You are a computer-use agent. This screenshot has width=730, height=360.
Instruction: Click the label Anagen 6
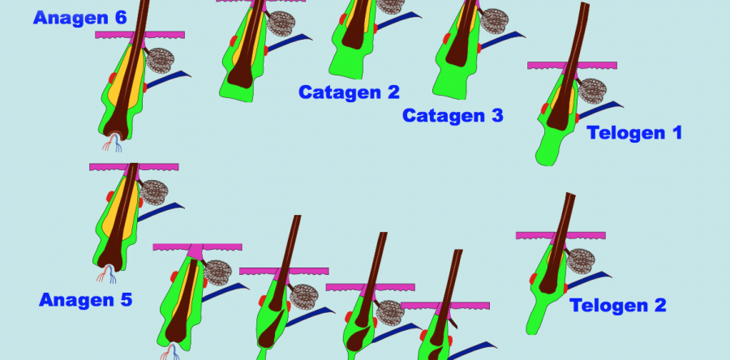pyautogui.click(x=80, y=18)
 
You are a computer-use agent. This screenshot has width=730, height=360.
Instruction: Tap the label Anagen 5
pyautogui.click(x=86, y=299)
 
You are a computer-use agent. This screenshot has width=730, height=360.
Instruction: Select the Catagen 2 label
pyautogui.click(x=349, y=92)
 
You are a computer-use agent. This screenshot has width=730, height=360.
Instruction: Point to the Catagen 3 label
pyautogui.click(x=453, y=115)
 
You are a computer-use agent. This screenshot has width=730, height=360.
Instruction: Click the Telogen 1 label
pyautogui.click(x=634, y=133)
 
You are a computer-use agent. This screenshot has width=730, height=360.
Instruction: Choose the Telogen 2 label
pyautogui.click(x=618, y=306)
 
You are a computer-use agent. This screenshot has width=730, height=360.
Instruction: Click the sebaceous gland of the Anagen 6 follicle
pyautogui.click(x=160, y=61)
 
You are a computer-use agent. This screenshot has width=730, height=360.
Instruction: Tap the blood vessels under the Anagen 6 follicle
pyautogui.click(x=112, y=143)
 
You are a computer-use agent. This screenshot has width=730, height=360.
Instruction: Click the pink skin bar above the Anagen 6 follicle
pyautogui.click(x=140, y=35)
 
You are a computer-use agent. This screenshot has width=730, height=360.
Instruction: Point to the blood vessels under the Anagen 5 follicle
pyautogui.click(x=106, y=274)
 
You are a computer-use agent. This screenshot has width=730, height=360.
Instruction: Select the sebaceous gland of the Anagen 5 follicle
pyautogui.click(x=153, y=192)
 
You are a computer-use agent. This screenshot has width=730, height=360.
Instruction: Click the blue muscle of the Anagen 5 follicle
pyautogui.click(x=161, y=211)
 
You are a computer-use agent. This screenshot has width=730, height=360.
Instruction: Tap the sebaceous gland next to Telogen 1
pyautogui.click(x=592, y=91)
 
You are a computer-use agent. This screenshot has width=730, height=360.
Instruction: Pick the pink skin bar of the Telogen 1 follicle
pyautogui.click(x=572, y=66)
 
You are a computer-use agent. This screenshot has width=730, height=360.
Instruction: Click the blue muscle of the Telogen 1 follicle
pyautogui.click(x=600, y=109)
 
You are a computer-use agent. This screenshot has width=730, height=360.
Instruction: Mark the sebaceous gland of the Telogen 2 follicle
pyautogui.click(x=581, y=261)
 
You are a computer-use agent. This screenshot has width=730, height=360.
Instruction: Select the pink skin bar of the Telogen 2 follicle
pyautogui.click(x=560, y=236)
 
